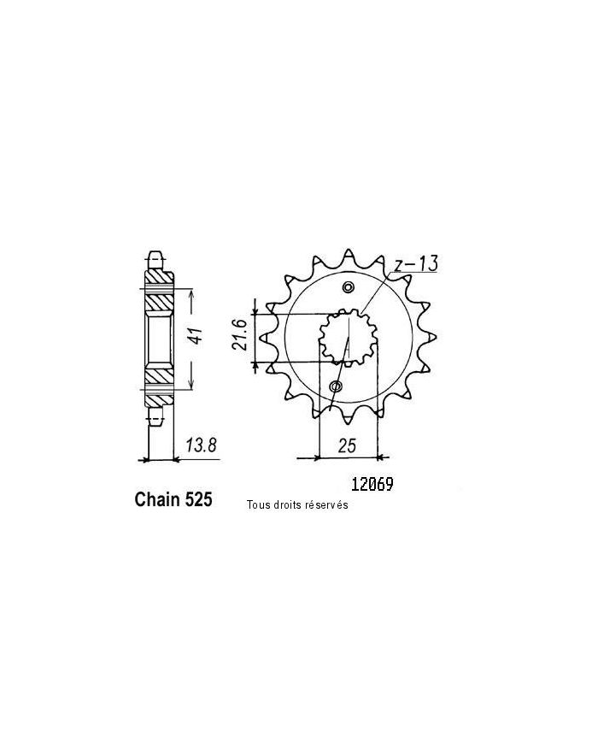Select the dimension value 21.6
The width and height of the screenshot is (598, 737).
pos(241,336)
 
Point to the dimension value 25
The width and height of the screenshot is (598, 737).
pos(348,445)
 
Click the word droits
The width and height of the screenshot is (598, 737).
pos(290,505)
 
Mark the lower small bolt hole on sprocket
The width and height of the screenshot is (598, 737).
pos(336,387)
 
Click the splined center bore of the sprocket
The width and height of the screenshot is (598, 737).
pos(348,337)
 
